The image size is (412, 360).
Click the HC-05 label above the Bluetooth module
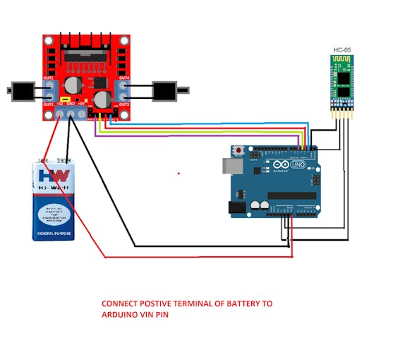tap(341, 50)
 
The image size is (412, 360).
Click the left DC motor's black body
tap(24, 90)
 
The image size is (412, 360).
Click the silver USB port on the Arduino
tap(232, 166)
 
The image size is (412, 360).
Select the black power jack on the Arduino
tap(238, 207)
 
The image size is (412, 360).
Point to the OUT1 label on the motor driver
tap(48, 78)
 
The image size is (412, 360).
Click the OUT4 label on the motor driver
tap(124, 78)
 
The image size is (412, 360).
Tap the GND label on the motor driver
tap(71, 103)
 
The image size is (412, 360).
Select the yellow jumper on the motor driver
tap(64, 99)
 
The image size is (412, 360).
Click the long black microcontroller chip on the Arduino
tap(291, 196)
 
